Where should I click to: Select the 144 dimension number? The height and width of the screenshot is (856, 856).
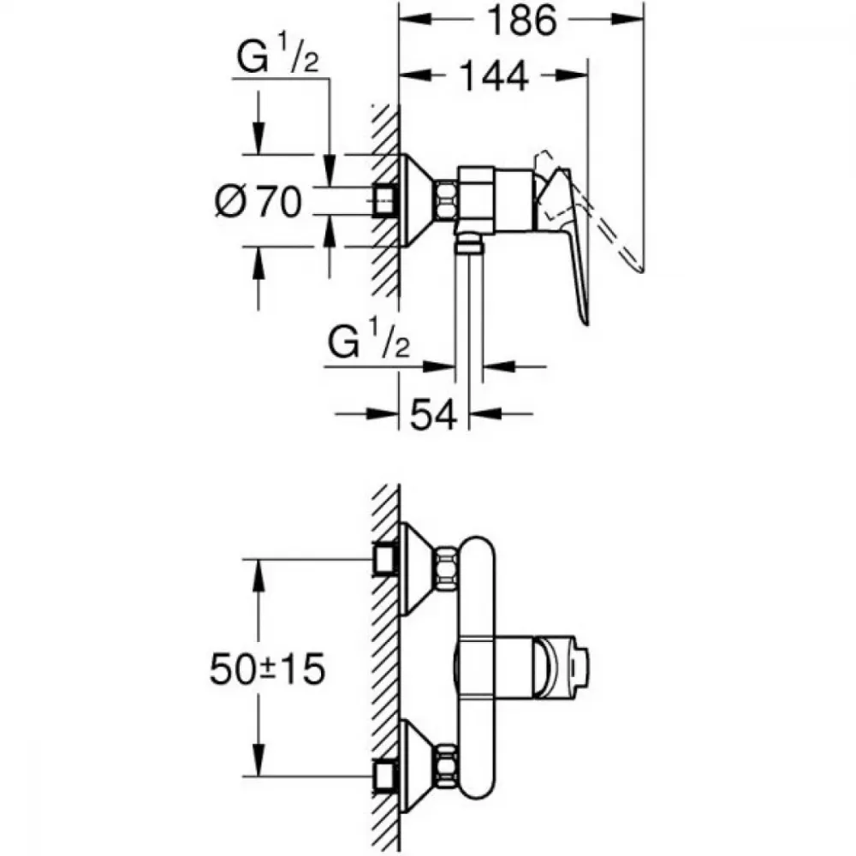coord(495,76)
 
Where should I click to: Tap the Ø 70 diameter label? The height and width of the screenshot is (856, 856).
coord(259,201)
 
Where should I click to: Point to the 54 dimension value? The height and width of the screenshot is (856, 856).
coord(433,415)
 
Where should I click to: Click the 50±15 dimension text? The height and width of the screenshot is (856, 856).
coord(267,669)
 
